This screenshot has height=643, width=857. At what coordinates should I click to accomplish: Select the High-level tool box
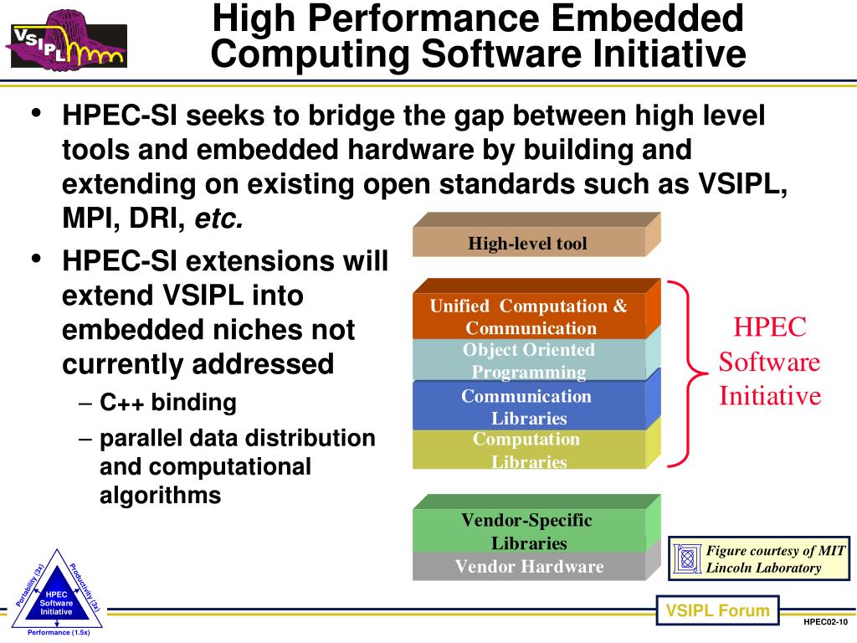coord(528,244)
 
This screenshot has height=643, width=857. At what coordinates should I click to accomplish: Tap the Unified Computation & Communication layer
coord(529,316)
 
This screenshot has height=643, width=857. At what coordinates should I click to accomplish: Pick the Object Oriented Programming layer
coord(529,361)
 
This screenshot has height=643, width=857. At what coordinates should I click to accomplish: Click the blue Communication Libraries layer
coord(528,406)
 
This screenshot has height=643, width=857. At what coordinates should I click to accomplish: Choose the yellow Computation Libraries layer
coord(528,450)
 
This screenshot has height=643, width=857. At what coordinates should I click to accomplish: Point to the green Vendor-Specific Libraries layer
coord(528,531)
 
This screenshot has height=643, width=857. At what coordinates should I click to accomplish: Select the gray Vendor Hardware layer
coord(529,567)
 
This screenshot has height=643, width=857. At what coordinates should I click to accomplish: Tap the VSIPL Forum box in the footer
coord(717,610)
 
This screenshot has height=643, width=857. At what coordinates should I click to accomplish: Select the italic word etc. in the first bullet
coord(218,219)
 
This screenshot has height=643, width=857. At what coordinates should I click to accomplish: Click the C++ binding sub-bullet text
coord(168,403)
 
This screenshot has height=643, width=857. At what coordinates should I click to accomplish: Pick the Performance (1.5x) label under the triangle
coord(59,633)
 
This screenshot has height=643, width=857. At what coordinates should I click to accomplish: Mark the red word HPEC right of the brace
coord(770,327)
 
